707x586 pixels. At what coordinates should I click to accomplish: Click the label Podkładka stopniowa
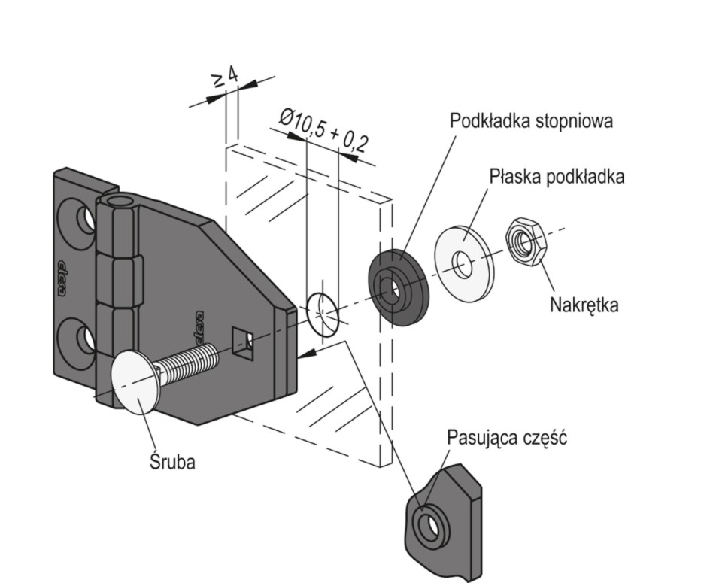click(530, 121)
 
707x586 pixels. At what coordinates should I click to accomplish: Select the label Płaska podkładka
click(557, 177)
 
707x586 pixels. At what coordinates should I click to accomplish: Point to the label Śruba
click(171, 461)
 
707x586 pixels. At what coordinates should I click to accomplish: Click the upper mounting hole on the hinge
click(84, 220)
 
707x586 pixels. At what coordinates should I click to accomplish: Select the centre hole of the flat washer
click(460, 264)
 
